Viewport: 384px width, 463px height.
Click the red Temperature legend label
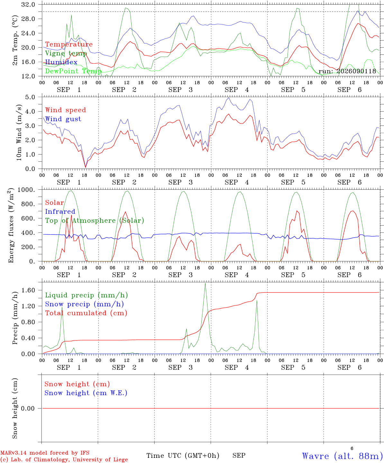[x=69, y=44]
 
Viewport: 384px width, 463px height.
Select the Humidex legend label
[x=61, y=62]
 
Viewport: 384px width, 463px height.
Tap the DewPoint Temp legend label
[x=73, y=71]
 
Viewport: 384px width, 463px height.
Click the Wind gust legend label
[x=63, y=119]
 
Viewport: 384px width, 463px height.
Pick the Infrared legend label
[x=60, y=212]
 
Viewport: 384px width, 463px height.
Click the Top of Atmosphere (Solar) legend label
[x=95, y=221]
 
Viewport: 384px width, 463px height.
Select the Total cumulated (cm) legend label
[x=86, y=313]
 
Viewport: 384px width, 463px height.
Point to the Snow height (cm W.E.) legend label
[x=86, y=393]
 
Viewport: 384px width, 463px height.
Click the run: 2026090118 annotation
[x=347, y=71]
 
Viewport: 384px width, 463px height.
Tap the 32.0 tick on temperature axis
[x=28, y=5]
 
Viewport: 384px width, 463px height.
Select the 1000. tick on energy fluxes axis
[x=26, y=190]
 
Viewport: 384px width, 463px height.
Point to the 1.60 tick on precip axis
[x=28, y=290]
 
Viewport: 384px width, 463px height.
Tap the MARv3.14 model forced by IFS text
[x=45, y=453]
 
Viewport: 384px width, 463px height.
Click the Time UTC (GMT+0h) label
[x=183, y=456]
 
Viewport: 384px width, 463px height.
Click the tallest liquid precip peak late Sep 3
[x=205, y=283]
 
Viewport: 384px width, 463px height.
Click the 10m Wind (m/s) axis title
[x=19, y=132]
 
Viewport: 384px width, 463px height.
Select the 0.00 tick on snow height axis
[x=28, y=408]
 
